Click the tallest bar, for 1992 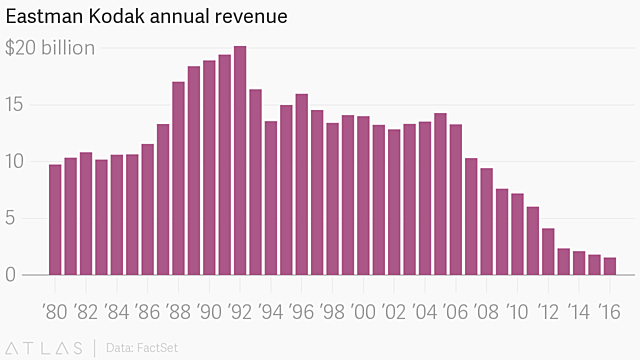pos(240,160)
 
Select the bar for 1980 pos(55,220)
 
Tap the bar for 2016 pos(609,266)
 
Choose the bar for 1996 pos(301,185)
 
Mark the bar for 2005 pos(440,194)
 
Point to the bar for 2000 pos(363,196)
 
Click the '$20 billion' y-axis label pos(51,48)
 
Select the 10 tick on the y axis pos(16,161)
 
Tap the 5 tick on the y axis pos(12,218)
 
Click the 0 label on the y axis pos(12,275)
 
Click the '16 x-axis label pos(607,311)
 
